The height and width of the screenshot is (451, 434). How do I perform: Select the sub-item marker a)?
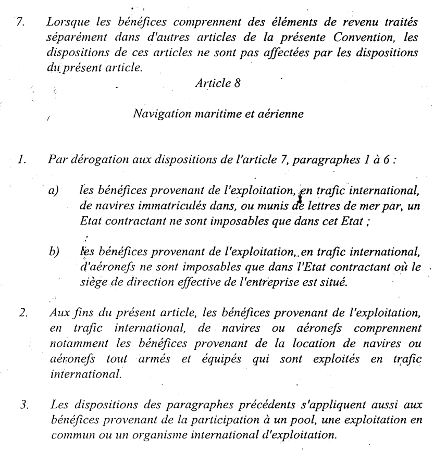point(52,192)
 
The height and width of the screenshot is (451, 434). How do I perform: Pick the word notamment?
point(71,343)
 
